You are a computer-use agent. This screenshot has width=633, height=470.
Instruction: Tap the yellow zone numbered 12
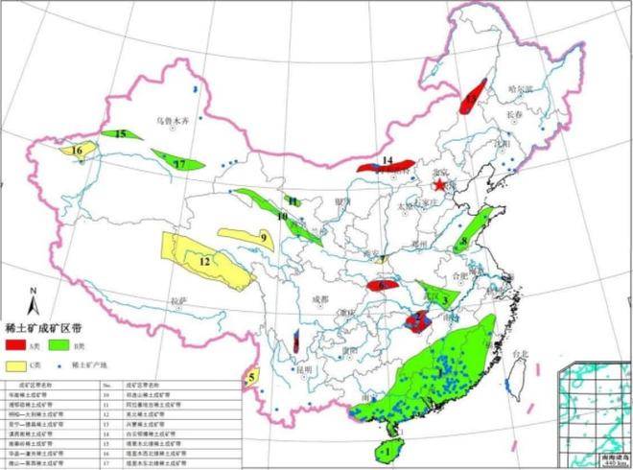(204, 260)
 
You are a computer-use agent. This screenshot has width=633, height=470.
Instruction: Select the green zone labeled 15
(122, 135)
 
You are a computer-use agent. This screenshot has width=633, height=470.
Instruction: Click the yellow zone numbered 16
(78, 151)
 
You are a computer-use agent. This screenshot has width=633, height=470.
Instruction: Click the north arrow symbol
(31, 303)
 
